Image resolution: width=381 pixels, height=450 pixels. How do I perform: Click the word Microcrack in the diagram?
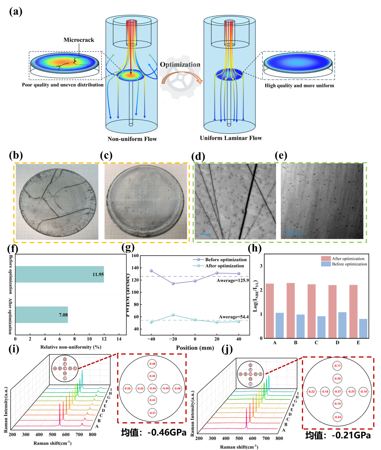pyautogui.click(x=79, y=40)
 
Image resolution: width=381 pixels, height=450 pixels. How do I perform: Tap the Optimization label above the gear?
pyautogui.click(x=180, y=65)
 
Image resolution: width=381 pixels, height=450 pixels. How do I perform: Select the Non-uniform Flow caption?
pyautogui.click(x=132, y=139)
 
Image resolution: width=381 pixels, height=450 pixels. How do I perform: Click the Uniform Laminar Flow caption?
pyautogui.click(x=231, y=138)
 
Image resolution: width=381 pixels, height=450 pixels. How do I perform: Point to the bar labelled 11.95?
pyautogui.click(x=59, y=274)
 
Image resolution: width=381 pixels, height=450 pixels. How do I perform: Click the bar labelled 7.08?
pyautogui.click(x=41, y=315)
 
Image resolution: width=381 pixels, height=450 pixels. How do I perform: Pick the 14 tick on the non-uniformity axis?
pyautogui.click(x=119, y=339)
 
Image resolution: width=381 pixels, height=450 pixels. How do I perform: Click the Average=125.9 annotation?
pyautogui.click(x=233, y=280)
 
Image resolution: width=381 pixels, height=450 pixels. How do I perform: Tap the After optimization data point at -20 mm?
pyautogui.click(x=173, y=315)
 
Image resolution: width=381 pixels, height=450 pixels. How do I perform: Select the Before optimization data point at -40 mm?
pyautogui.click(x=151, y=271)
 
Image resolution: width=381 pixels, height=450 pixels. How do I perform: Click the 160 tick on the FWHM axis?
pyautogui.click(x=135, y=256)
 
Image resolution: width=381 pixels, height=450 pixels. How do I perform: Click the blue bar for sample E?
pyautogui.click(x=363, y=328)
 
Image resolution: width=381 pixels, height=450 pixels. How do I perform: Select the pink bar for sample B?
pyautogui.click(x=291, y=311)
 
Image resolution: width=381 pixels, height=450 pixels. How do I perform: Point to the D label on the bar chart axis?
pyautogui.click(x=337, y=342)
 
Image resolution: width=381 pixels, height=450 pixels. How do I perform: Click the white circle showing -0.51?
pyautogui.click(x=152, y=413)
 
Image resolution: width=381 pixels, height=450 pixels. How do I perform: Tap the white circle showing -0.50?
pyautogui.click(x=127, y=388)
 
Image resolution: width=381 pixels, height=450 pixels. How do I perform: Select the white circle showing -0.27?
pyautogui.click(x=338, y=391)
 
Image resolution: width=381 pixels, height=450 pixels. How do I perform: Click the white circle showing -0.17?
pyautogui.click(x=337, y=366)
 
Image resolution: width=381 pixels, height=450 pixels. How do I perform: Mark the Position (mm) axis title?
pyautogui.click(x=195, y=348)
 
